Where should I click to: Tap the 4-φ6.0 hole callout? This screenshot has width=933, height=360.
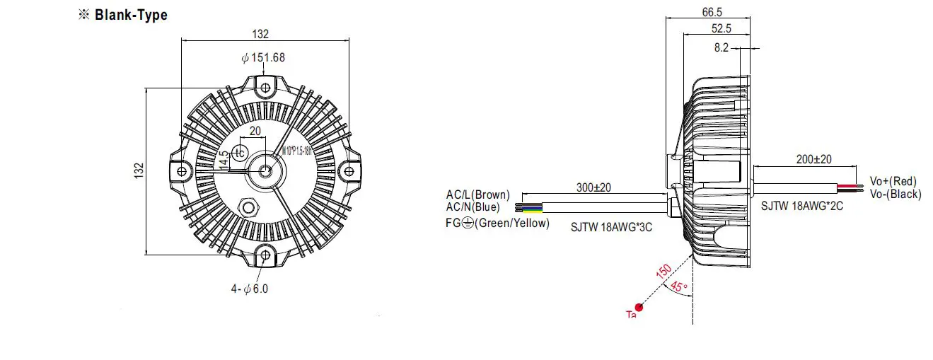(250, 288)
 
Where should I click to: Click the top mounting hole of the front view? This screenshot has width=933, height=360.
(265, 88)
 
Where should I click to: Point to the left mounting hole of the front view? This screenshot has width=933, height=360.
(182, 170)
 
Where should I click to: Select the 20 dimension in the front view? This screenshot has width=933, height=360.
(255, 131)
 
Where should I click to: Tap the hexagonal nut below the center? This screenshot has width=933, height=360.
(249, 207)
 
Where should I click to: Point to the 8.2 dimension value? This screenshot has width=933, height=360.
(721, 48)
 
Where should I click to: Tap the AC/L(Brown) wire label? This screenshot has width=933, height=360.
(477, 194)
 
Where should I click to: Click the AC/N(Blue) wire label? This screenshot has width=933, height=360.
(473, 207)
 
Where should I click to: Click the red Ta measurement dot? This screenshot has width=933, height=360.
(639, 307)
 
